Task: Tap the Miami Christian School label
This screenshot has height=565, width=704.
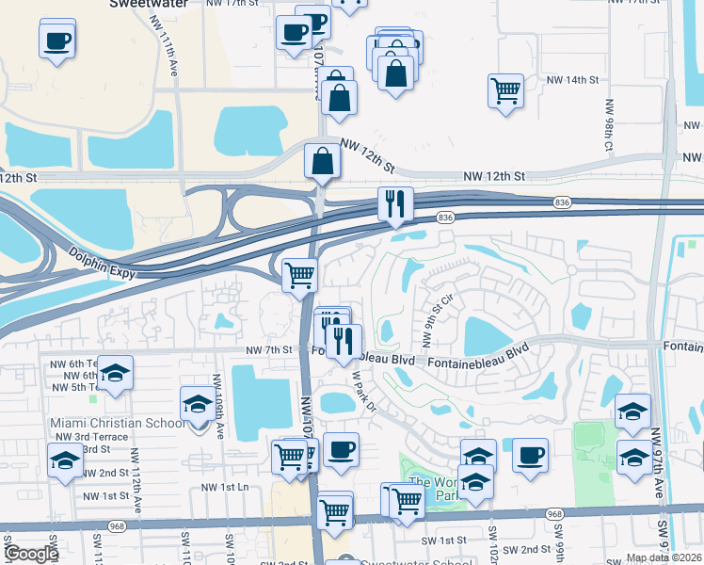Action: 118,423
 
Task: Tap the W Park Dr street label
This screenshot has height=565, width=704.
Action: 363,388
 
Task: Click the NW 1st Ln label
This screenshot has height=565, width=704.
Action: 225,487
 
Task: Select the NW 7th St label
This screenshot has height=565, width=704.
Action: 271,350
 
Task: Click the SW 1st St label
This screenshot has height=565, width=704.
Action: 444,541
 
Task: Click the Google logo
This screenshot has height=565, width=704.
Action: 30,554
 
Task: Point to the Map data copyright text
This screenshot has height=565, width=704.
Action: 663,557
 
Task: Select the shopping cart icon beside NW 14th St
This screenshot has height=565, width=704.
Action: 506,91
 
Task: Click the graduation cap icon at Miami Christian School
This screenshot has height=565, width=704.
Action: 198,404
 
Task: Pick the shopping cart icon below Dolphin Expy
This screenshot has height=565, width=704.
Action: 299,275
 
